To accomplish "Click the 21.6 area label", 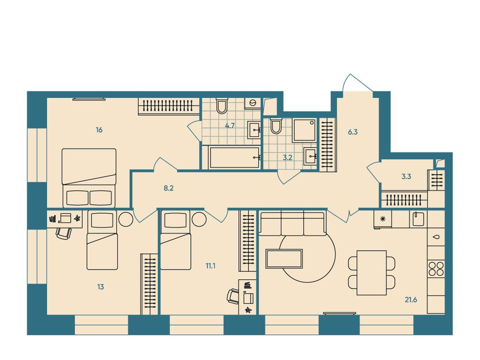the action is [x=411, y=300].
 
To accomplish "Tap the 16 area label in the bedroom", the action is [x=99, y=130].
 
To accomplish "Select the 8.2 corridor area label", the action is [x=168, y=188].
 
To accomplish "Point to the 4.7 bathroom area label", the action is [x=230, y=126].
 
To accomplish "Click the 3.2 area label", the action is [x=287, y=157].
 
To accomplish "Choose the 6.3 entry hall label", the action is [x=352, y=132].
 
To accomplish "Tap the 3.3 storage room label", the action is [x=406, y=176].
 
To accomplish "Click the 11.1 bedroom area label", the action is [x=210, y=266].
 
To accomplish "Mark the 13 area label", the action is [x=101, y=287].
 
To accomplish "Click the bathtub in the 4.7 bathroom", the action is [x=235, y=157].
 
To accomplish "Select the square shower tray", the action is [x=304, y=130].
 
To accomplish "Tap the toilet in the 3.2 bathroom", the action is [x=276, y=126].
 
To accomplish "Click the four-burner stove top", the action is [x=436, y=269].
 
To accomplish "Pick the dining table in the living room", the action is [x=372, y=273].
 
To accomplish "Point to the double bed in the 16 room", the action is [x=89, y=178].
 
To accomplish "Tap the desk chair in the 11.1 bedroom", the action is [x=233, y=296].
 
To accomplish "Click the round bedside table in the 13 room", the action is [x=126, y=219].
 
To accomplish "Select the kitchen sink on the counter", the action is [x=419, y=219].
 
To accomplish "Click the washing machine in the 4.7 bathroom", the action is [x=253, y=103].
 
